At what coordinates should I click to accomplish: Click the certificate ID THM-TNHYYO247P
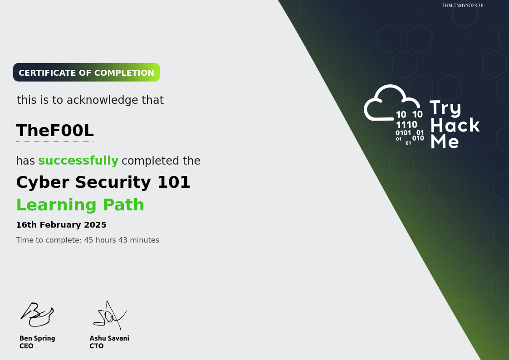[x=463, y=6]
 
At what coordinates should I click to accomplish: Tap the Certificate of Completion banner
[x=87, y=73]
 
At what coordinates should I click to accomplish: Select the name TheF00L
[x=55, y=131]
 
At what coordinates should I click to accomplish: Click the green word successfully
[x=78, y=161]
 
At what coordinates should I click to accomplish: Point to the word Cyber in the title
[x=43, y=182]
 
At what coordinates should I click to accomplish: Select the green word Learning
[x=56, y=205]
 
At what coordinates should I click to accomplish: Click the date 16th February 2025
[x=61, y=225]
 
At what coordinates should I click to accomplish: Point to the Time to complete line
[x=88, y=240]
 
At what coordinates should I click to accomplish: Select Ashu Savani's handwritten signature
[x=109, y=314]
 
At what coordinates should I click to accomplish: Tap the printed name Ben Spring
[x=37, y=338]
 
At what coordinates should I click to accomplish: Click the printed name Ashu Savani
[x=109, y=338]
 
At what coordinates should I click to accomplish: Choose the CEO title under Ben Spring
[x=26, y=346]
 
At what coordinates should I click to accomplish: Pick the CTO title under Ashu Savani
[x=97, y=346]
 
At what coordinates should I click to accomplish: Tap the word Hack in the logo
[x=455, y=125]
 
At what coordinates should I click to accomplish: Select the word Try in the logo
[x=445, y=108]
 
